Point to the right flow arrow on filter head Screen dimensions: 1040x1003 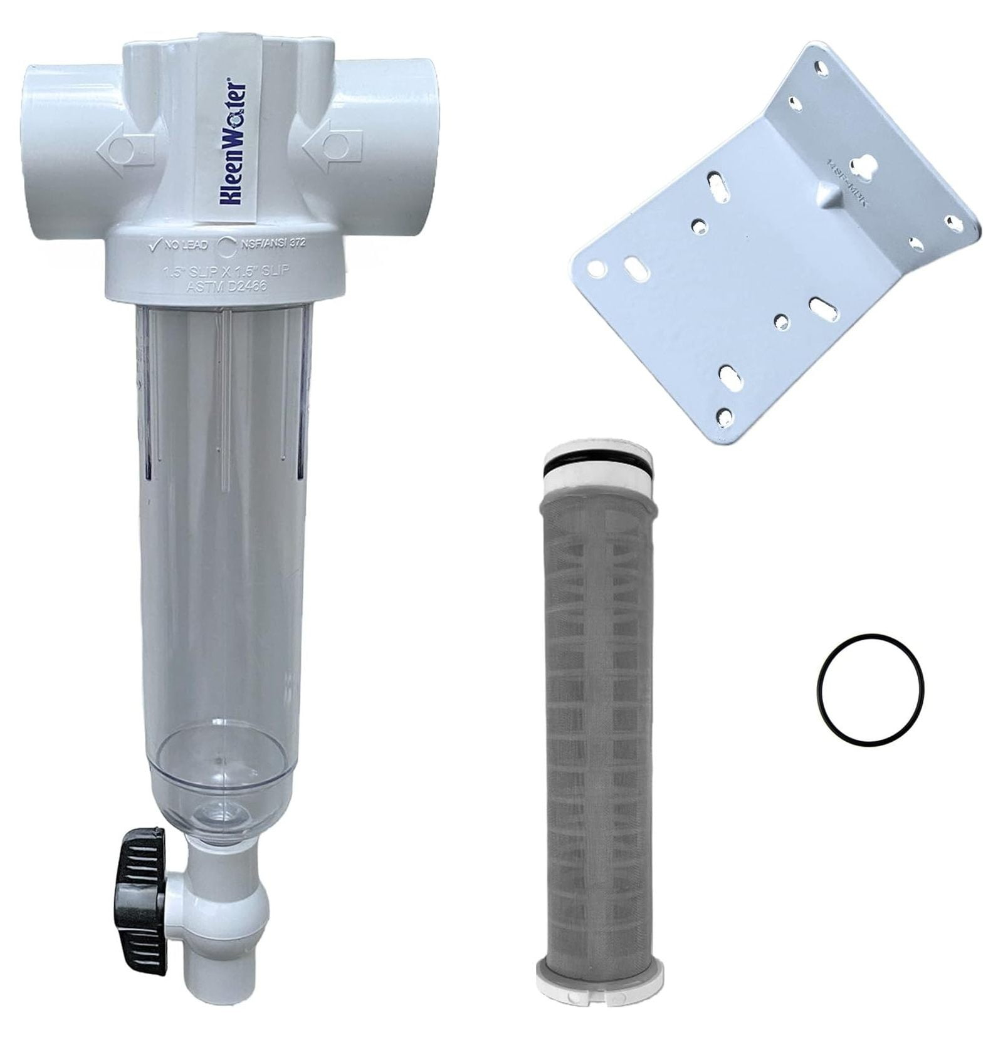[x=332, y=148]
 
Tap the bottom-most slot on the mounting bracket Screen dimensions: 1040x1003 [x=730, y=377]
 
